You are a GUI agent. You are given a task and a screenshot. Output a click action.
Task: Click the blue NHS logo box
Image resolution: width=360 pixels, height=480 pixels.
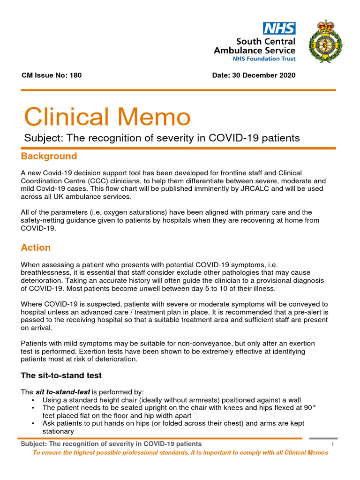coord(279,28)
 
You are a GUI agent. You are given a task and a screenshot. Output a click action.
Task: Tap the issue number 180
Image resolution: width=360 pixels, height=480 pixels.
coord(75,75)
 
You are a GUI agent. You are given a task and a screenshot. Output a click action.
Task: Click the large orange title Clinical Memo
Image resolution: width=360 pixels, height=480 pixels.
coord(107,117)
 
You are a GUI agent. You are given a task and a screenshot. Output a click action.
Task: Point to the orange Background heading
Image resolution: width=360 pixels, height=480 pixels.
coord(49,156)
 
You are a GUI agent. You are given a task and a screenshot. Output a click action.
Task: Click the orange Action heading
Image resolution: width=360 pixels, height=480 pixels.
coord(36,247)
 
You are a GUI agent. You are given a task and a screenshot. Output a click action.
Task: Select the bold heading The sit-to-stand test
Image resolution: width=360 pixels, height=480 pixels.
coord(61,375)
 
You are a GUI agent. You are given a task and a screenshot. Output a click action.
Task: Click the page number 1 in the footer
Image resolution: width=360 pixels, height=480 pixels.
coord(332,444)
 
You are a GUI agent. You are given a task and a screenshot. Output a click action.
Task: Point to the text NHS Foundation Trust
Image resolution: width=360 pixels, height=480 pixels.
coord(264,59)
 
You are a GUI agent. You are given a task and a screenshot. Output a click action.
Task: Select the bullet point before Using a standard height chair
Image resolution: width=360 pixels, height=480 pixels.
coord(32,400)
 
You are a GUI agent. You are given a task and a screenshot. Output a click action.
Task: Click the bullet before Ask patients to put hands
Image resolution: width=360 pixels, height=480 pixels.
coord(32,423)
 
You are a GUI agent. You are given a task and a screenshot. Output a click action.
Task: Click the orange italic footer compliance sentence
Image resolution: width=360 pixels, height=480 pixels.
coord(180,453)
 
